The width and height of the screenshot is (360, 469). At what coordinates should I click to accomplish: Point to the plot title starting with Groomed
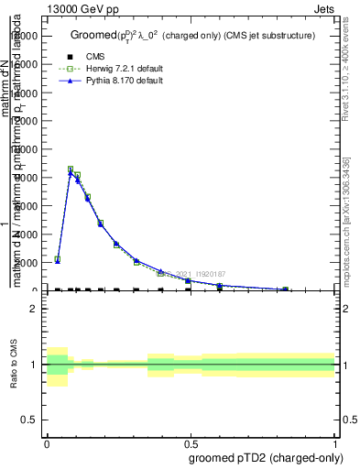click(192, 36)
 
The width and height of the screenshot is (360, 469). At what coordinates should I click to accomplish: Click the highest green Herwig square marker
click(71, 169)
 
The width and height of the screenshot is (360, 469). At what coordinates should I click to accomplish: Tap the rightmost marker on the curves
click(285, 289)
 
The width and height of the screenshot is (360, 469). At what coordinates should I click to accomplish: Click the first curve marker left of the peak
click(57, 260)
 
